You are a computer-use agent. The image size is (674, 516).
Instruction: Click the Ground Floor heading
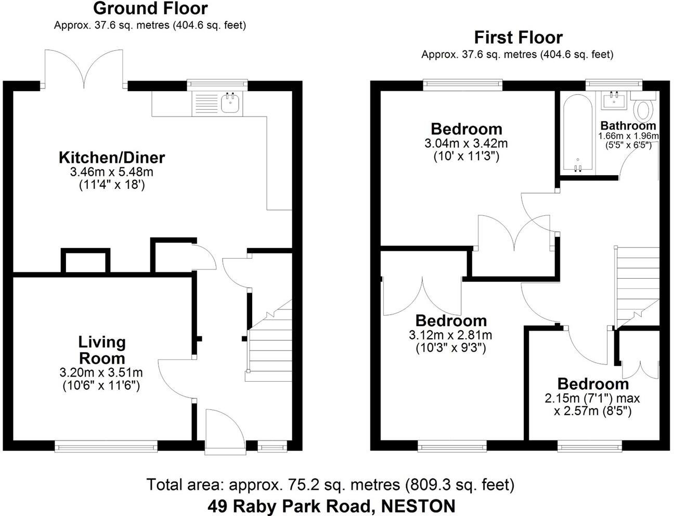point(150,8)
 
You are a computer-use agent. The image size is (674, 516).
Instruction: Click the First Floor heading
point(518,37)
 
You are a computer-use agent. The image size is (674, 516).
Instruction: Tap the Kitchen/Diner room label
point(111,157)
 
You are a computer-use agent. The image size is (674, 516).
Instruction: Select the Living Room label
point(102,350)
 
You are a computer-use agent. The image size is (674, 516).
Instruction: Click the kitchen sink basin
point(229,102)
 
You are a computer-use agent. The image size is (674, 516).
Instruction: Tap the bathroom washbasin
point(615,100)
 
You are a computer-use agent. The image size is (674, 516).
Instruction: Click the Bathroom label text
point(628,125)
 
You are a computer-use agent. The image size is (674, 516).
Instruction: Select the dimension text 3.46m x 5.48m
point(111,172)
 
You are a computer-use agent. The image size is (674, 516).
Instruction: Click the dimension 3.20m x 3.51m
point(101,372)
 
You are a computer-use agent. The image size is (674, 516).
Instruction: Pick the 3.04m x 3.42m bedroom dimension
point(466,143)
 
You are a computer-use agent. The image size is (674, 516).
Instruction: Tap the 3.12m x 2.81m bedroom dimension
point(450,335)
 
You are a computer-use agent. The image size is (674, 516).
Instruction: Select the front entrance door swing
point(225,429)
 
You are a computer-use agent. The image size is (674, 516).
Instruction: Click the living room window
point(106,445)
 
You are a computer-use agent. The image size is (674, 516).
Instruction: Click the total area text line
point(330,485)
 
